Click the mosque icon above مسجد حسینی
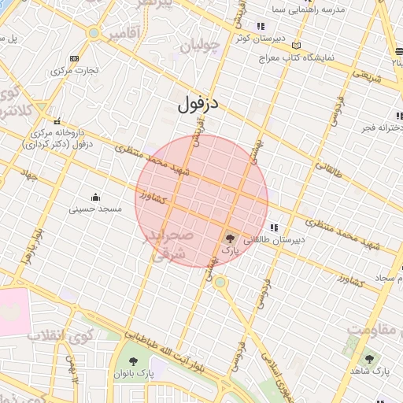coord(96,197)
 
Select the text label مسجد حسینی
coord(95,209)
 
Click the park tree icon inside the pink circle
coord(230,238)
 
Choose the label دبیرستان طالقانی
coord(269,238)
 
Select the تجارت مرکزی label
coord(75,70)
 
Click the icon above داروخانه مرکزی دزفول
coord(57,121)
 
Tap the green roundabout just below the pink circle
coord(220,282)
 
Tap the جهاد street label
coord(30,175)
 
